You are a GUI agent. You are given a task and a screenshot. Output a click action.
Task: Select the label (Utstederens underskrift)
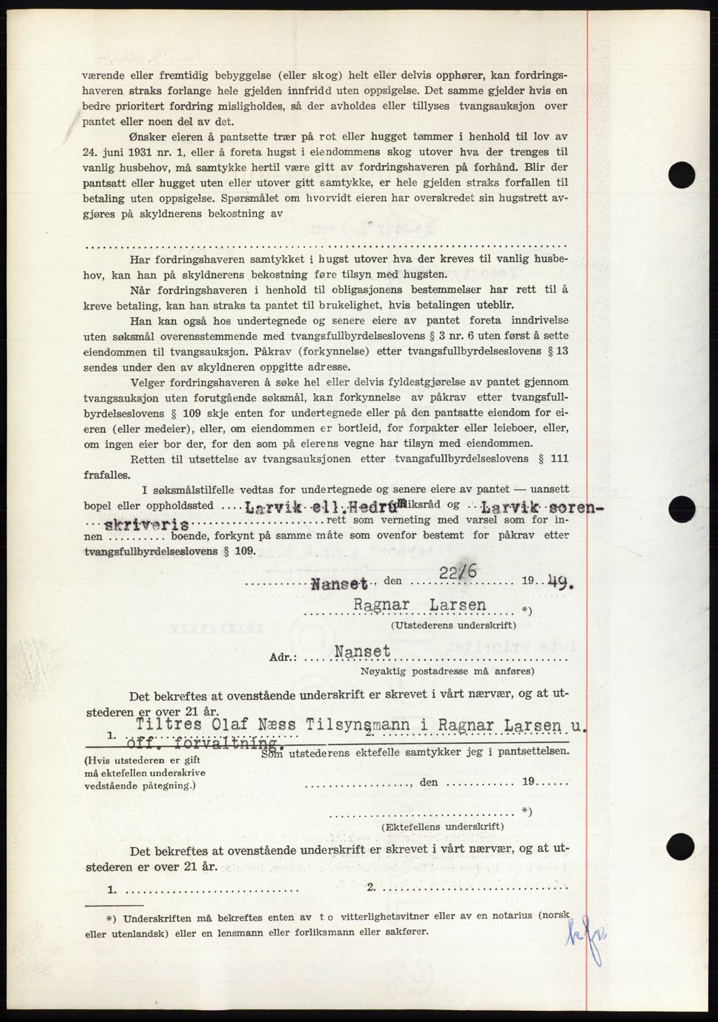coord(454,625)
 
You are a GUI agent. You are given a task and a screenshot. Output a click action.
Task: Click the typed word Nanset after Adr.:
coord(362,652)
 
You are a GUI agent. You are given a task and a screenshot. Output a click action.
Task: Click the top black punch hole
coord(681,174)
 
